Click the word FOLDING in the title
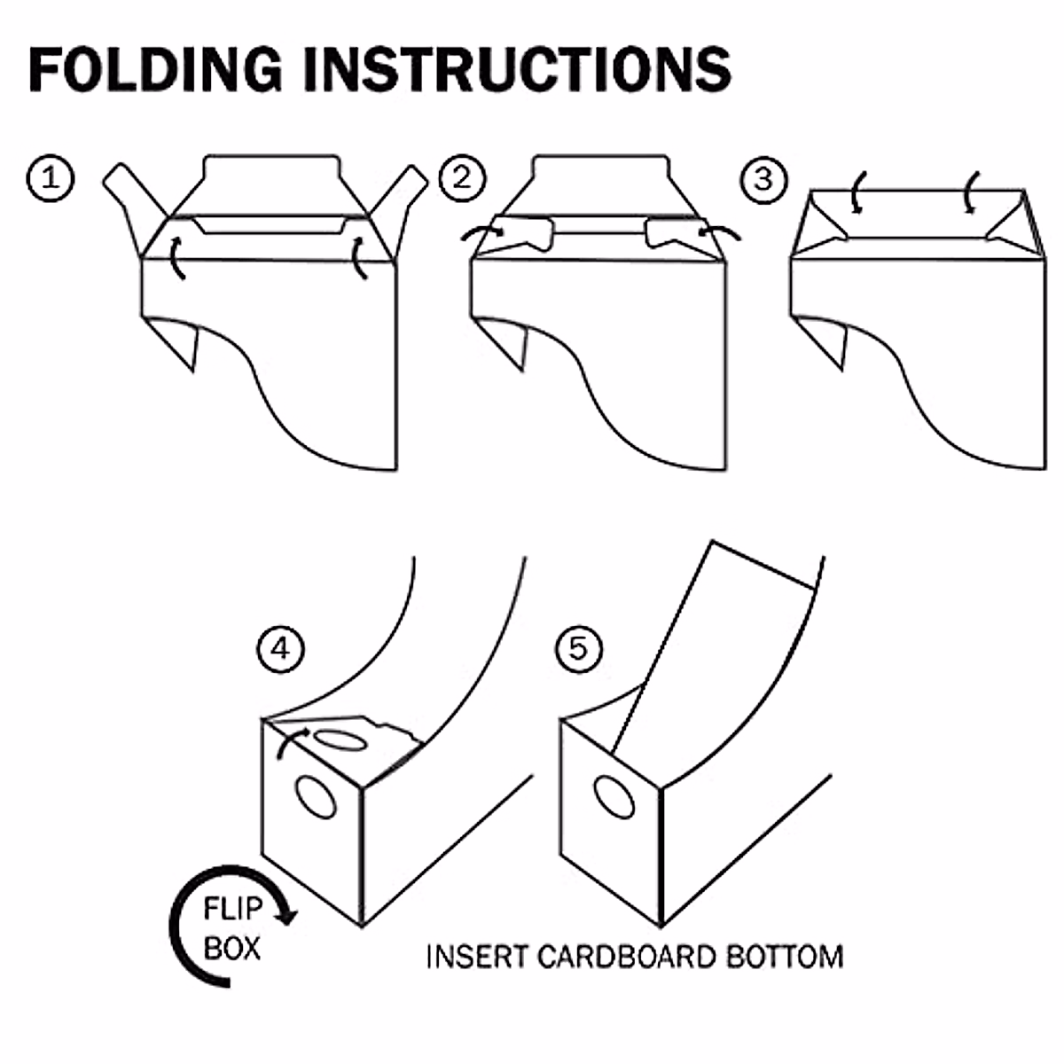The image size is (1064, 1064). [155, 68]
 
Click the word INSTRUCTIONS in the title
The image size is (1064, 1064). [518, 68]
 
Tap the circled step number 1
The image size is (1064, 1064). [50, 178]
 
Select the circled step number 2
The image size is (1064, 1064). [462, 178]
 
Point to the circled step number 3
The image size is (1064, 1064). [763, 178]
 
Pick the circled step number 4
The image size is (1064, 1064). [280, 649]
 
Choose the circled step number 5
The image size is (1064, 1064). [577, 649]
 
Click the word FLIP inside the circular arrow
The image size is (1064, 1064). [232, 910]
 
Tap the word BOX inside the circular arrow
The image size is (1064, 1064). [232, 949]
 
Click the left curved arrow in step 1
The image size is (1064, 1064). [177, 256]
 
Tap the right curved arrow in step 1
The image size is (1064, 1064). [361, 256]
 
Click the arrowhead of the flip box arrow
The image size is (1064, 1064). [286, 918]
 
